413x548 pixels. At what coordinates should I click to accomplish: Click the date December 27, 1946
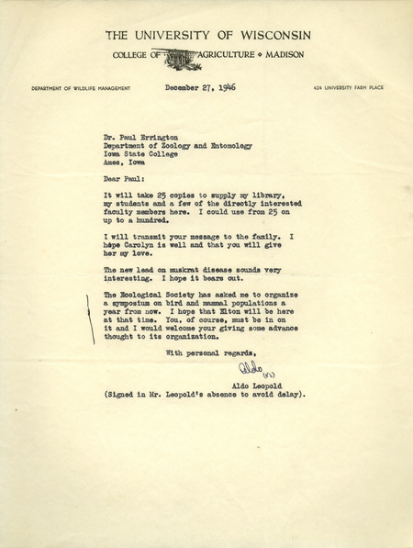(200, 88)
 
